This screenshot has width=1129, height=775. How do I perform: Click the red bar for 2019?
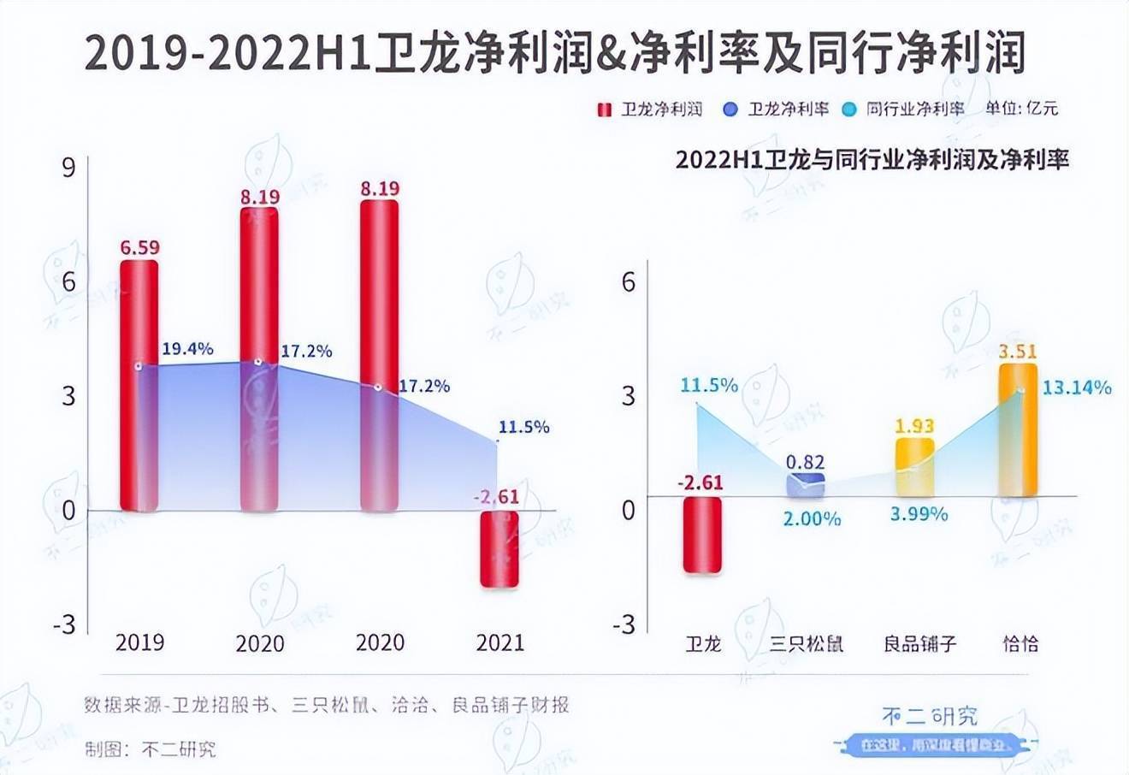click(x=139, y=385)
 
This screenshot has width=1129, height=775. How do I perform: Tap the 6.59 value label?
click(x=139, y=248)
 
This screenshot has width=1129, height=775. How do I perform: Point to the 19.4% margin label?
click(x=187, y=349)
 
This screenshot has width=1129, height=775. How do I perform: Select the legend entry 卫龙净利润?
click(x=651, y=109)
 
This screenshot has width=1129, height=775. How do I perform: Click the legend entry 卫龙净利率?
click(x=777, y=109)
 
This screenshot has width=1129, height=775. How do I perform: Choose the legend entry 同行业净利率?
click(x=906, y=109)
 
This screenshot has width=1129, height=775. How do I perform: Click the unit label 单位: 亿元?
click(x=1022, y=109)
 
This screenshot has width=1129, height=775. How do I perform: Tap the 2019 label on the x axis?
click(x=139, y=642)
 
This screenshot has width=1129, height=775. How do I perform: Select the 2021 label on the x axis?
click(x=499, y=642)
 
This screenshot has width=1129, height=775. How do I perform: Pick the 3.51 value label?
click(x=1018, y=351)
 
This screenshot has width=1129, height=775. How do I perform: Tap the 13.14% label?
click(x=1077, y=387)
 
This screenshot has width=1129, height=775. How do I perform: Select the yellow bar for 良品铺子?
click(x=914, y=467)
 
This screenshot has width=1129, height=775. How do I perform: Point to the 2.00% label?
click(x=812, y=518)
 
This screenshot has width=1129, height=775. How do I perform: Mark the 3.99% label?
click(x=919, y=514)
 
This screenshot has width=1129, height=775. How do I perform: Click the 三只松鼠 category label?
click(x=806, y=643)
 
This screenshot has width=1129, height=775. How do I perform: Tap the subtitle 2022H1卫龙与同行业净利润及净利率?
click(x=872, y=160)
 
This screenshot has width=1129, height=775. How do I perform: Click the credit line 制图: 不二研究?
click(x=151, y=749)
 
